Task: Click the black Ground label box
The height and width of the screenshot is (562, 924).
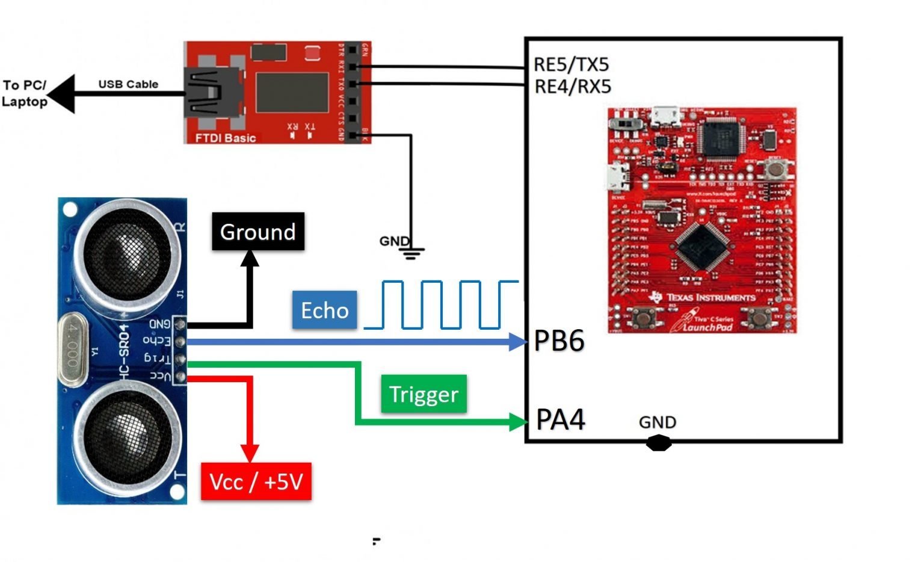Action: (x=257, y=232)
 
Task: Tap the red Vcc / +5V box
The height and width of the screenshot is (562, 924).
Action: (x=256, y=481)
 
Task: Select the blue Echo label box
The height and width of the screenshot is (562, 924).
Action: (x=324, y=310)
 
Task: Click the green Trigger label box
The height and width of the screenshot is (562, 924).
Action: (x=423, y=394)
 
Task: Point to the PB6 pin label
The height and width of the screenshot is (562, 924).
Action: (x=559, y=341)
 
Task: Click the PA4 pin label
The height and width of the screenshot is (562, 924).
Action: (x=560, y=419)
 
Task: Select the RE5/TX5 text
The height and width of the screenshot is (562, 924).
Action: (x=571, y=64)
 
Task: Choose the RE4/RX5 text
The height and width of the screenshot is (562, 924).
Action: (x=572, y=87)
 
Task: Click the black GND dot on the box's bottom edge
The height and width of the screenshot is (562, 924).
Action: (x=658, y=443)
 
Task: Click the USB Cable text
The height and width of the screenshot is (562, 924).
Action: (x=128, y=84)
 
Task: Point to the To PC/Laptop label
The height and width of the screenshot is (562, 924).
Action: (x=24, y=93)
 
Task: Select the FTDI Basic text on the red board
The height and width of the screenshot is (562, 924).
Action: (x=225, y=138)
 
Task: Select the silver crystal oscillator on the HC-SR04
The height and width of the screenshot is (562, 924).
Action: (x=73, y=351)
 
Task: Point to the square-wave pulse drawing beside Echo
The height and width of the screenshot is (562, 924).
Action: (x=442, y=304)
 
